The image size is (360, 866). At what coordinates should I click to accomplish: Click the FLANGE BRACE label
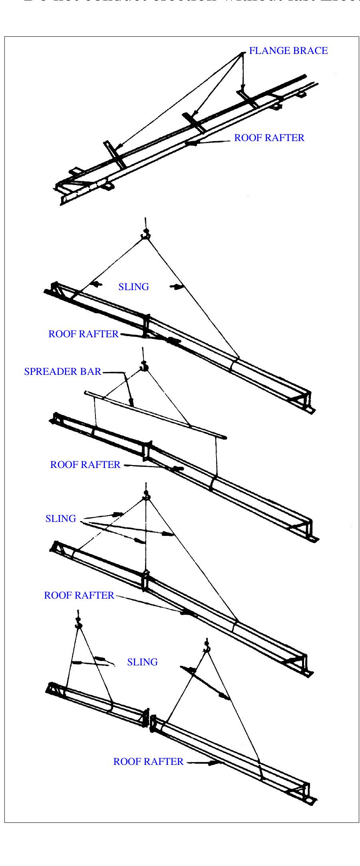click(x=288, y=51)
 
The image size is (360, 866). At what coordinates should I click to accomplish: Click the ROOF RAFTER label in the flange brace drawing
click(x=269, y=138)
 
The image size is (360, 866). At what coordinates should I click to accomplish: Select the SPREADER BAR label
click(x=63, y=372)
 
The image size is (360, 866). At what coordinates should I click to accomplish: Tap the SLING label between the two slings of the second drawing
click(x=133, y=287)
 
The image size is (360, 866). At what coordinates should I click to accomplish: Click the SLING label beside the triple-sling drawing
click(x=61, y=519)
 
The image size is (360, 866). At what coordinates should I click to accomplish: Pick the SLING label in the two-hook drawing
click(x=142, y=662)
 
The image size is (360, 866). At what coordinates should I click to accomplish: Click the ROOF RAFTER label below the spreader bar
click(x=85, y=465)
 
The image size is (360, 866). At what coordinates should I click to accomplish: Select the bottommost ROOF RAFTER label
click(x=148, y=762)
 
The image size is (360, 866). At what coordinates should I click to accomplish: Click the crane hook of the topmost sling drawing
click(x=145, y=235)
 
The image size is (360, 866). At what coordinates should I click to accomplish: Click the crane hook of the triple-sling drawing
click(x=146, y=497)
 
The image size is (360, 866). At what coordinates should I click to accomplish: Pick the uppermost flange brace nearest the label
click(x=248, y=98)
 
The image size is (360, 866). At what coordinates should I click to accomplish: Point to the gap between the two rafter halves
click(x=149, y=720)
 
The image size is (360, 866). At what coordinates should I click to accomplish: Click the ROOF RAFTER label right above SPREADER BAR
click(x=83, y=334)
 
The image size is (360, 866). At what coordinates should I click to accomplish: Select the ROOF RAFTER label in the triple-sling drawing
click(x=79, y=595)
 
